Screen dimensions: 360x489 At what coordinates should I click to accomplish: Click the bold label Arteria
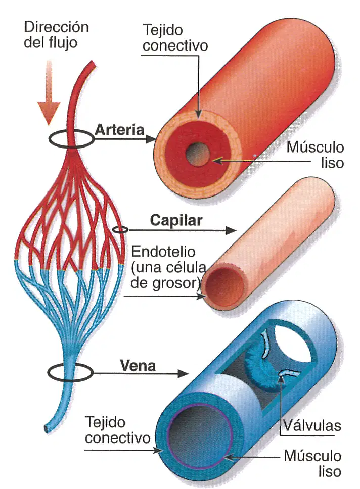pos(120,130)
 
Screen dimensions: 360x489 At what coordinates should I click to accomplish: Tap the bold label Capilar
pos(176,220)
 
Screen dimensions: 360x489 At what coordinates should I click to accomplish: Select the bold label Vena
pos(138,366)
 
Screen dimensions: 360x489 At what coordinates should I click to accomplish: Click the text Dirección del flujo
pos(56,35)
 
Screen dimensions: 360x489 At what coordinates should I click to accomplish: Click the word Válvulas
pos(312,425)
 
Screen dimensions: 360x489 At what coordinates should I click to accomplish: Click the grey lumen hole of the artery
pos(197,155)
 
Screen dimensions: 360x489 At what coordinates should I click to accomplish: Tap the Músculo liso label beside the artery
pos(315,155)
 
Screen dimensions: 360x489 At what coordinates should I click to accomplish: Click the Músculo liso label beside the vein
pos(312,464)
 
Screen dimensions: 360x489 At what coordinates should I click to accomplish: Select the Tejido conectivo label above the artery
pos(175,38)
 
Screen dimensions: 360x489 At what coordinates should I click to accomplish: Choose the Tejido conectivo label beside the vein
pos(117,430)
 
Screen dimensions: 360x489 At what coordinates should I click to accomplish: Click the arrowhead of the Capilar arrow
pos(231,230)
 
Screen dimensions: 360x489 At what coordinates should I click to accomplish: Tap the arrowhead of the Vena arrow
pos(183,373)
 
